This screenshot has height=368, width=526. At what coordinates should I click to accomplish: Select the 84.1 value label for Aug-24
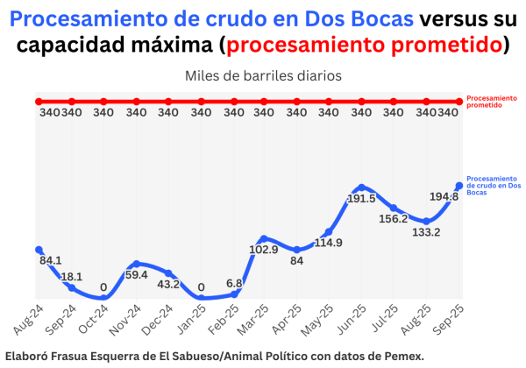(51, 260)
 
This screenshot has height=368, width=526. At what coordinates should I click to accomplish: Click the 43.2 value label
(168, 284)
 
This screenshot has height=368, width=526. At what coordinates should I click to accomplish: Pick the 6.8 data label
(234, 283)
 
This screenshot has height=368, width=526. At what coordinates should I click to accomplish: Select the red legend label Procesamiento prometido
(490, 100)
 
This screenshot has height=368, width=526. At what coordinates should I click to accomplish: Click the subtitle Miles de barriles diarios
(262, 75)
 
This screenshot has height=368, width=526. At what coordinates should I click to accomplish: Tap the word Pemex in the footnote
(404, 355)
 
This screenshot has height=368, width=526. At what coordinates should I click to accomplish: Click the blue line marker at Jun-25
(361, 188)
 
